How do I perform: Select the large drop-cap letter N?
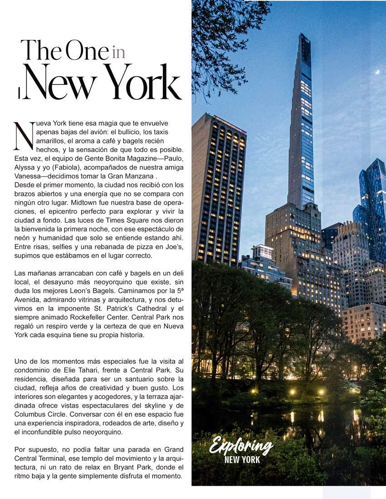[23, 136]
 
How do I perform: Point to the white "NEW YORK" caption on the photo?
[242, 460]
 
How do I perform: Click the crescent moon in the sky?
[377, 71]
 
